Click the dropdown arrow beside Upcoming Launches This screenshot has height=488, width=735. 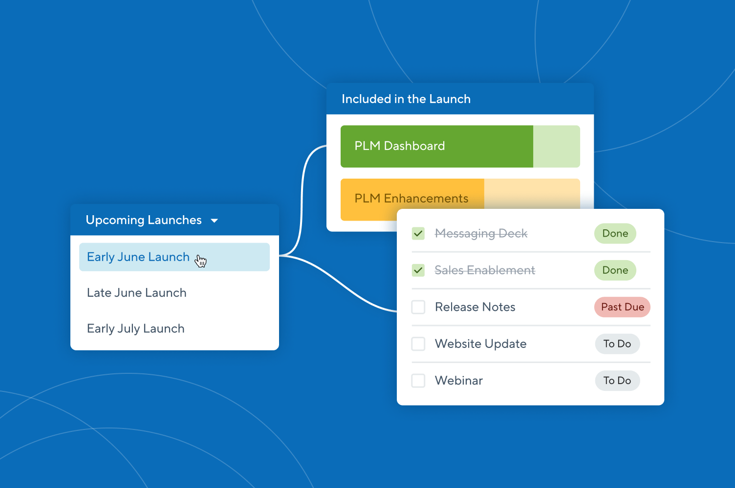click(214, 221)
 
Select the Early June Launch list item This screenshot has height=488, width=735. click(138, 257)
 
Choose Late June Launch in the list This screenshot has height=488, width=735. click(136, 293)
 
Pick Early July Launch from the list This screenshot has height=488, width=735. click(135, 328)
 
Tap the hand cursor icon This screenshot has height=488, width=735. click(200, 261)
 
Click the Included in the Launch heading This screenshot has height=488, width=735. click(406, 99)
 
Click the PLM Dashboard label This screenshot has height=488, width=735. click(399, 146)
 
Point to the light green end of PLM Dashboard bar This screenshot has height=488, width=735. click(556, 146)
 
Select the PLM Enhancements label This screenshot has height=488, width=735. click(411, 199)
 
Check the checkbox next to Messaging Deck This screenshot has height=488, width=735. click(418, 234)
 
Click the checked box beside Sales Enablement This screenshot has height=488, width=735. click(418, 270)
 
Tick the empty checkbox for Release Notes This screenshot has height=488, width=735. click(418, 307)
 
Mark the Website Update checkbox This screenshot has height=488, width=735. click(418, 344)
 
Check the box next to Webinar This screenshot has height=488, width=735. click(418, 381)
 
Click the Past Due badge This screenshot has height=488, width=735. click(622, 307)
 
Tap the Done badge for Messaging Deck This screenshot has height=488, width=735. click(615, 234)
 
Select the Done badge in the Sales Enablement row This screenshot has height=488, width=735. click(615, 270)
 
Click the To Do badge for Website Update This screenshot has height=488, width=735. click(617, 344)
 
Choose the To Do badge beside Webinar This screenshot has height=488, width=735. click(617, 381)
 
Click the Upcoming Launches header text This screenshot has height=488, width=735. click(144, 220)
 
